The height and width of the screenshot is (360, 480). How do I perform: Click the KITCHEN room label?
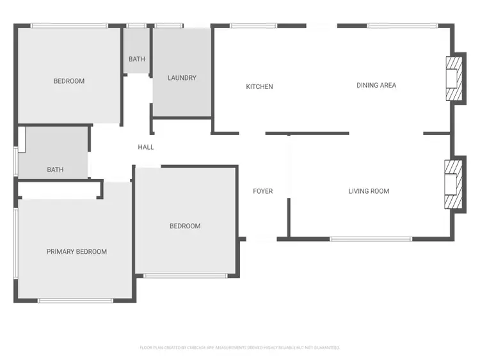(259, 86)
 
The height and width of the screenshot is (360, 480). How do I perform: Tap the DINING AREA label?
(376, 85)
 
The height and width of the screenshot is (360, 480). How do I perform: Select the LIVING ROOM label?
(369, 191)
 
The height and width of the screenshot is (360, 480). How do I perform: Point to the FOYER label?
(262, 191)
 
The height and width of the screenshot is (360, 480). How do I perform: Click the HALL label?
(146, 147)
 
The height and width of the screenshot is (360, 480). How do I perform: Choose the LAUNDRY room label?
(182, 78)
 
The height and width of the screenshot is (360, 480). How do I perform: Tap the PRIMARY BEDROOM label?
(77, 252)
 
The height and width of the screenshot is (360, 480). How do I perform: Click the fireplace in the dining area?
(454, 78)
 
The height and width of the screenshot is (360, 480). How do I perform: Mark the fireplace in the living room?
(454, 184)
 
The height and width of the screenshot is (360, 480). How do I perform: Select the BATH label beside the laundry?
(136, 59)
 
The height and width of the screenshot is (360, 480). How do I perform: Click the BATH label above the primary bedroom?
(55, 170)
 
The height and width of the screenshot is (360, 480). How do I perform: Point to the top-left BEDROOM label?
(68, 81)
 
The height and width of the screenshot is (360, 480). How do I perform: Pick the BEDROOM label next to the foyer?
(185, 226)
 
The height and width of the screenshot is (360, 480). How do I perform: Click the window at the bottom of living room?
(371, 239)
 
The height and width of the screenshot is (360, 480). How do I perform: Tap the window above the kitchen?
(253, 26)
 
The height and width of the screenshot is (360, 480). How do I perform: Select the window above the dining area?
(403, 26)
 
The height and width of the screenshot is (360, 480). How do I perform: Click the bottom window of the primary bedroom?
(76, 300)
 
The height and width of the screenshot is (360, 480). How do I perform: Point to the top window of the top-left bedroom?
(69, 26)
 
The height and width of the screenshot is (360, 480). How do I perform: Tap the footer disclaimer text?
(239, 348)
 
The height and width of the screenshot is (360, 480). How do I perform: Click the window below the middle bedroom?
(186, 276)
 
